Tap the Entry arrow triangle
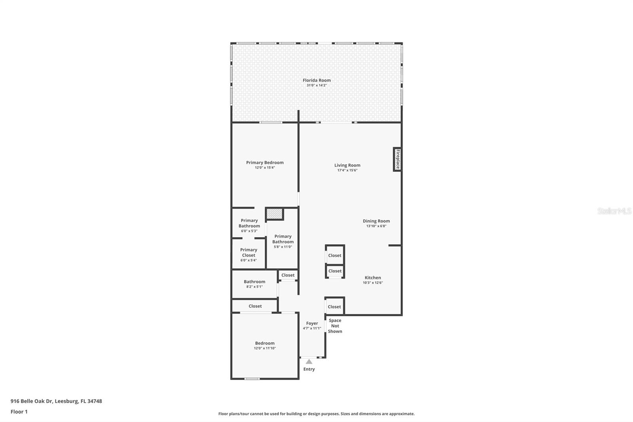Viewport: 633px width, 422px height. click(309, 362)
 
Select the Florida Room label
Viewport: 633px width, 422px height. click(316, 80)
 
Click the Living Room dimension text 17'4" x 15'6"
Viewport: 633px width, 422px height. click(347, 170)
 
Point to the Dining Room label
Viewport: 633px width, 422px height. click(376, 221)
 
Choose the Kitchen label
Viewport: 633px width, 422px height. click(373, 278)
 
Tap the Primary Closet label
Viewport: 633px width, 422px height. click(248, 253)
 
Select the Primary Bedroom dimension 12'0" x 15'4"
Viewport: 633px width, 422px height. click(265, 167)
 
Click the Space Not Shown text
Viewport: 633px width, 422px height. click(335, 326)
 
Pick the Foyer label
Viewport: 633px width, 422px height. click(312, 323)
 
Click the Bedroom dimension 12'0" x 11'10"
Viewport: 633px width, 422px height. click(265, 348)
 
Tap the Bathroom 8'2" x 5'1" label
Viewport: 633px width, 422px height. click(254, 282)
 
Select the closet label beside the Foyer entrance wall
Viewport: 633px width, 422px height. click(334, 307)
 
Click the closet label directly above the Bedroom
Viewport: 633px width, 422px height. click(255, 306)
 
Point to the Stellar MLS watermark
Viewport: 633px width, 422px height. click(614, 211)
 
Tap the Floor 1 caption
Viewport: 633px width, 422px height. click(19, 412)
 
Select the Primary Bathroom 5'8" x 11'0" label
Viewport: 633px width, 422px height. click(283, 239)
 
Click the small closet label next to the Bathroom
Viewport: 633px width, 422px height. click(288, 275)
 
